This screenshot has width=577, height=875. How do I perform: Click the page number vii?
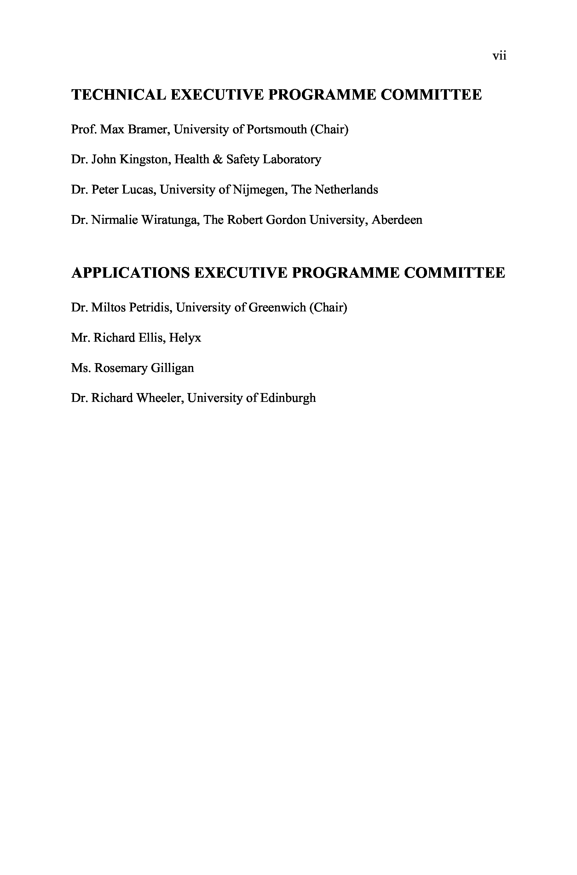click(499, 56)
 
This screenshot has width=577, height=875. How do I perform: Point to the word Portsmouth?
click(276, 130)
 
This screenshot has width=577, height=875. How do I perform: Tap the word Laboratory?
click(292, 160)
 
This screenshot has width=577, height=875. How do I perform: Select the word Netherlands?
click(346, 190)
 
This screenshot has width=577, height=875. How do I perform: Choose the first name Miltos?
click(108, 307)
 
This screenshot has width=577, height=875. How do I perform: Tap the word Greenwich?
click(277, 307)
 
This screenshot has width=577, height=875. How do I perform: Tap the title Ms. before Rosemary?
click(81, 368)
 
